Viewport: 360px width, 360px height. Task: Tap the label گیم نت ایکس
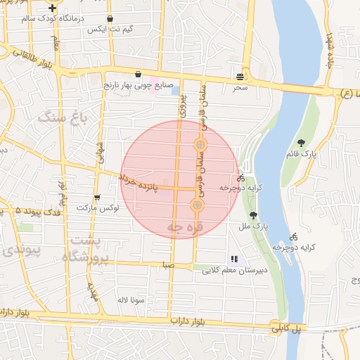pyautogui.click(x=106, y=30)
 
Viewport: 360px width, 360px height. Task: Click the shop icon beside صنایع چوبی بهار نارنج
pyautogui.click(x=138, y=74)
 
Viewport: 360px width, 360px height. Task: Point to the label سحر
pyautogui.click(x=240, y=88)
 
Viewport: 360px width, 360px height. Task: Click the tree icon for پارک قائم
pyautogui.click(x=302, y=143)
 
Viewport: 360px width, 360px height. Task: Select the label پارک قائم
pyautogui.click(x=303, y=154)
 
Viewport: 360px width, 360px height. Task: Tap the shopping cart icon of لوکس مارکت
pyautogui.click(x=96, y=198)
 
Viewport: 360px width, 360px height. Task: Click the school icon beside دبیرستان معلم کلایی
pyautogui.click(x=234, y=259)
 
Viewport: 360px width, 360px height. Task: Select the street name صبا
pyautogui.click(x=166, y=265)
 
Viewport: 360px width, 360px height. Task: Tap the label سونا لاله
pyautogui.click(x=131, y=300)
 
